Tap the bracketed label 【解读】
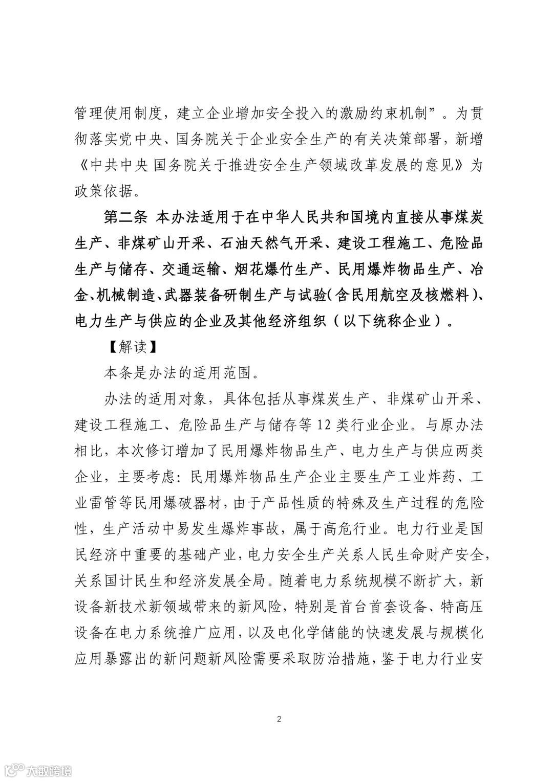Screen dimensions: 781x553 (130, 347)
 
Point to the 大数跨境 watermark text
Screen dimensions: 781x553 (49, 768)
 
